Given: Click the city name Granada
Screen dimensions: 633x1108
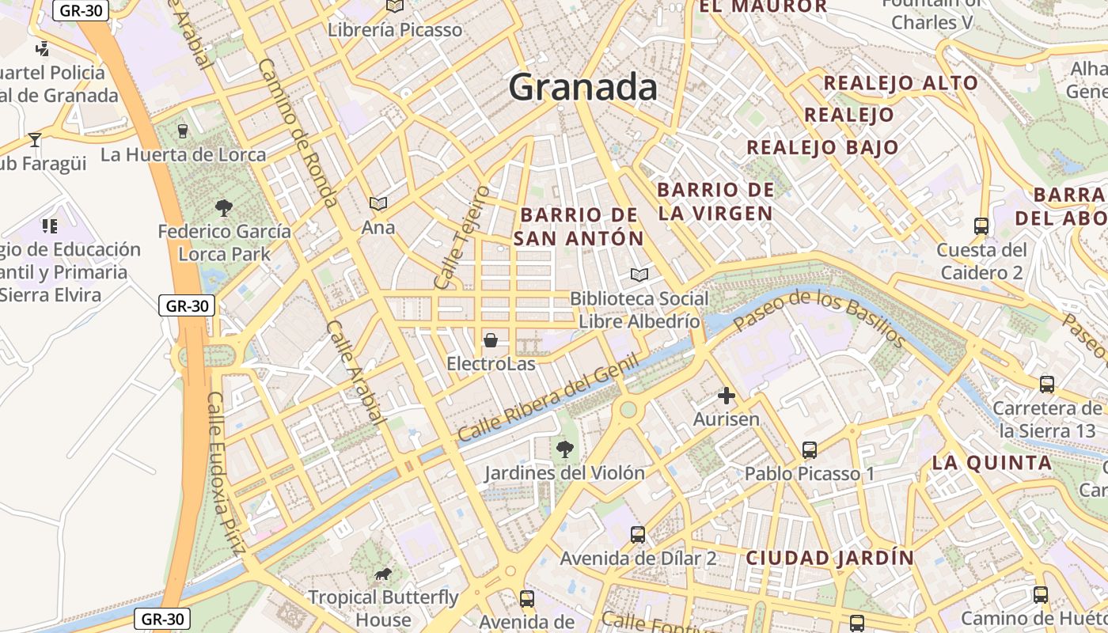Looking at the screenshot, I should point(582,87).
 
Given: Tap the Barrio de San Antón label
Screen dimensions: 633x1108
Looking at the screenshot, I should point(579,226).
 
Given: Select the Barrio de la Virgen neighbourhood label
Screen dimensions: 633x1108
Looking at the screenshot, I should point(715,201).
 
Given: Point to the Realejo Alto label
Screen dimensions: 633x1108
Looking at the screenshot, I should point(901,83).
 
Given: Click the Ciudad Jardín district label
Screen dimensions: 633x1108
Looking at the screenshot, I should point(829,558).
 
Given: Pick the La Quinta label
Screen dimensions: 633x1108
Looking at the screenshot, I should point(992,463).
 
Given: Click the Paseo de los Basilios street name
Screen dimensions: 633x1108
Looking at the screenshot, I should point(818,316).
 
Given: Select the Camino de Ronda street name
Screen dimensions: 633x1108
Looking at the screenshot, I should point(298,133).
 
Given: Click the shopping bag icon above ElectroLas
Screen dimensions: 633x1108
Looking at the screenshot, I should point(491,341).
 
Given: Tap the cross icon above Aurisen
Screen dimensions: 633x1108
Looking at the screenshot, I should point(726,396).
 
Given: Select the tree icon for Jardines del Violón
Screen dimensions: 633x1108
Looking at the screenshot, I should point(565,449).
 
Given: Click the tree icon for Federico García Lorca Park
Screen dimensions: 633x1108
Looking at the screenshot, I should point(224,208).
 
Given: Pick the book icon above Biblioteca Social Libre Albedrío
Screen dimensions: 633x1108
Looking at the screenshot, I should point(639,275).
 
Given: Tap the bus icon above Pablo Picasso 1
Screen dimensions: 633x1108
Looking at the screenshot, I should point(809,449).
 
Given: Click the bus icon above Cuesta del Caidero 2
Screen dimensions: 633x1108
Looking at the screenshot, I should point(981,226).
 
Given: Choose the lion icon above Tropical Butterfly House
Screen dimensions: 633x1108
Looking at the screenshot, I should point(383,574).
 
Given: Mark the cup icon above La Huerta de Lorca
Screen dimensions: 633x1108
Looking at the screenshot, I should point(183,131).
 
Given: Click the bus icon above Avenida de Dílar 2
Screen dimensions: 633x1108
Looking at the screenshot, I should point(638,534).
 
